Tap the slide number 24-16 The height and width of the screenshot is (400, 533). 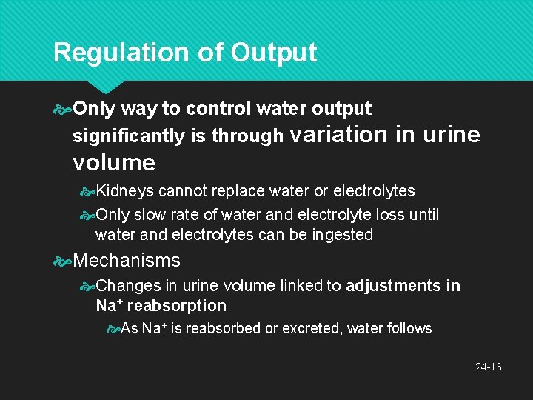489,367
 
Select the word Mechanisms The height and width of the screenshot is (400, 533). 127,260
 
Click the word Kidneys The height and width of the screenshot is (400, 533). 124,191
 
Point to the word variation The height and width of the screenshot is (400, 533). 339,134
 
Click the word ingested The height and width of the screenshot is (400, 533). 343,235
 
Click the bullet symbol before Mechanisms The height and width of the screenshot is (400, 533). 63,261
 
